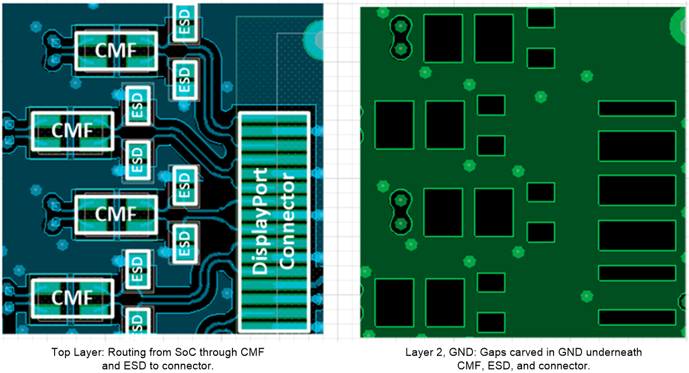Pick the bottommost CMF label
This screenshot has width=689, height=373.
click(72, 298)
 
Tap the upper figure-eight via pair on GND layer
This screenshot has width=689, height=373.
click(400, 38)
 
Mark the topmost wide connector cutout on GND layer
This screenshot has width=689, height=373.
click(637, 108)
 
